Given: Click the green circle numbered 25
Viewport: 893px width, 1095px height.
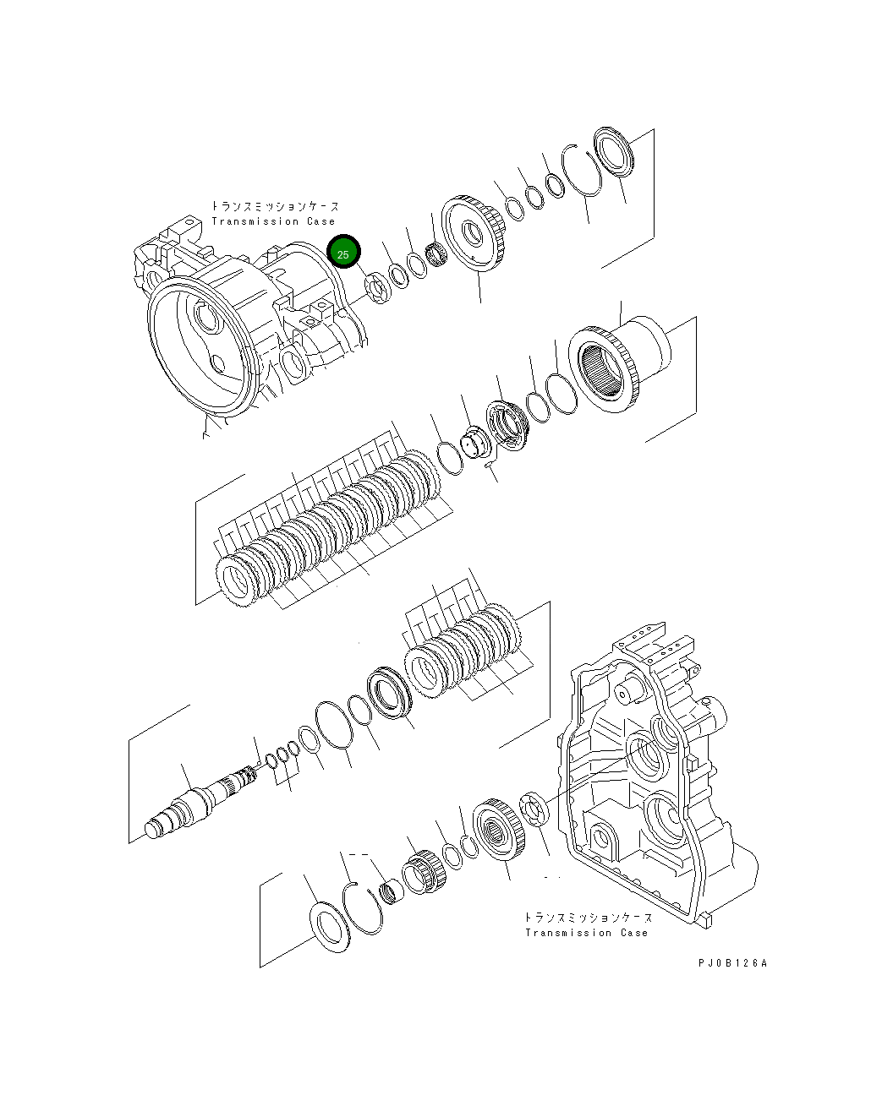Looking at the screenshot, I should (x=343, y=253).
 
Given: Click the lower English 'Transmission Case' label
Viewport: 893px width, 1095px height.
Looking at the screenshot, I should (x=586, y=933).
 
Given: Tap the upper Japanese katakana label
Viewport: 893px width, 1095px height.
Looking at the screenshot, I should (x=275, y=206).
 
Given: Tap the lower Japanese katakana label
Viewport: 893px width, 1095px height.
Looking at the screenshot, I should (x=588, y=918).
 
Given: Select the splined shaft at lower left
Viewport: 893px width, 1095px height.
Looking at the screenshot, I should (x=199, y=798).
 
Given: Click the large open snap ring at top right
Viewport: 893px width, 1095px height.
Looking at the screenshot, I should (x=584, y=170).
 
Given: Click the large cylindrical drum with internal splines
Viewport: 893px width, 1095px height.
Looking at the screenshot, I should (x=622, y=363).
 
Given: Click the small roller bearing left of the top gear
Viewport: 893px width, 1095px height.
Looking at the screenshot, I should (x=436, y=252).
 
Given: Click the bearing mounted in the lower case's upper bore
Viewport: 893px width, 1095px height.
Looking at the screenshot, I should (x=649, y=757).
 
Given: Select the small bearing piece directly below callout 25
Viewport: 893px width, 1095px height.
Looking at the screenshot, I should (x=376, y=286).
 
